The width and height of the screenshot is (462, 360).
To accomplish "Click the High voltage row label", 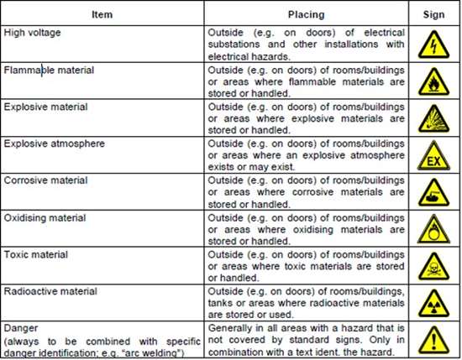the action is click(32, 32).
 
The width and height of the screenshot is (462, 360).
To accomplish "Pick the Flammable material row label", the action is click(49, 70).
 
